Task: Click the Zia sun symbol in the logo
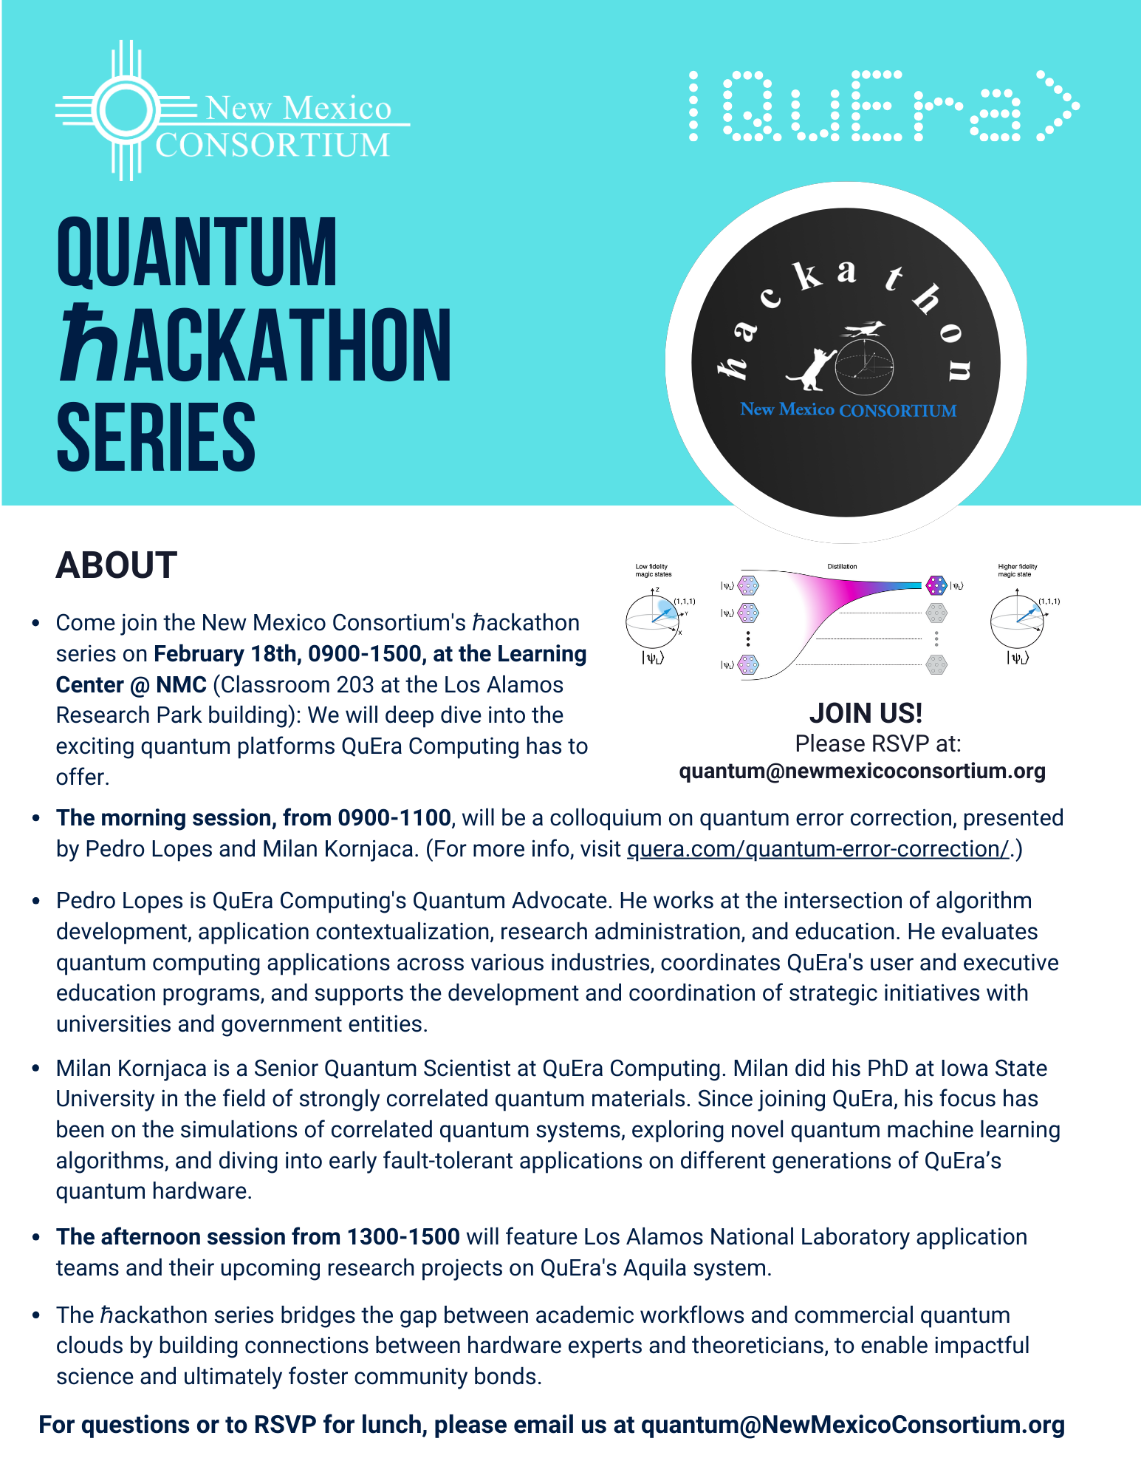pyautogui.click(x=126, y=110)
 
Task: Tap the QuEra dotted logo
pyautogui.click(x=884, y=106)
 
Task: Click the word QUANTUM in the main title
pyautogui.click(x=196, y=252)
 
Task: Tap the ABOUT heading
pyautogui.click(x=117, y=565)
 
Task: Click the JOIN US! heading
pyautogui.click(x=866, y=713)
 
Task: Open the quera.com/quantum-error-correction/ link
pyautogui.click(x=818, y=849)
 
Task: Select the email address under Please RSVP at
pyautogui.click(x=862, y=771)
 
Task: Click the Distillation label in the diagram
pyautogui.click(x=842, y=567)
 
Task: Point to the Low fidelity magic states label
pyautogui.click(x=654, y=571)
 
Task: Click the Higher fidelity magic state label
pyautogui.click(x=1017, y=571)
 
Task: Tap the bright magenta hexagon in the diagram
pyautogui.click(x=936, y=586)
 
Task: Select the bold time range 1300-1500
pyautogui.click(x=403, y=1237)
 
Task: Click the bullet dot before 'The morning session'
pyautogui.click(x=35, y=818)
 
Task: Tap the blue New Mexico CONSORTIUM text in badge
pyautogui.click(x=848, y=409)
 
